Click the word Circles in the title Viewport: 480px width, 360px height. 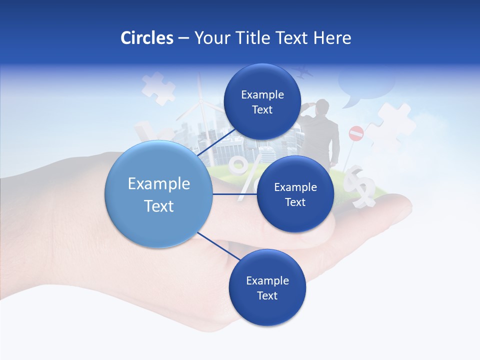point(147,37)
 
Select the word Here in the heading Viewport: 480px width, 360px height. point(332,37)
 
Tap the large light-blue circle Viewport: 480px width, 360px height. point(158,194)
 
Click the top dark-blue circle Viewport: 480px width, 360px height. point(262,102)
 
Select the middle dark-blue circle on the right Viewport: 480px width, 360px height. point(295,194)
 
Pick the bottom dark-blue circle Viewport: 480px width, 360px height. point(267,287)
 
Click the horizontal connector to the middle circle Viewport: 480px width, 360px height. point(234,194)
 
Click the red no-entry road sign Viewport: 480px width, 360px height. point(356,133)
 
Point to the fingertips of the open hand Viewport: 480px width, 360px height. point(400,210)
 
